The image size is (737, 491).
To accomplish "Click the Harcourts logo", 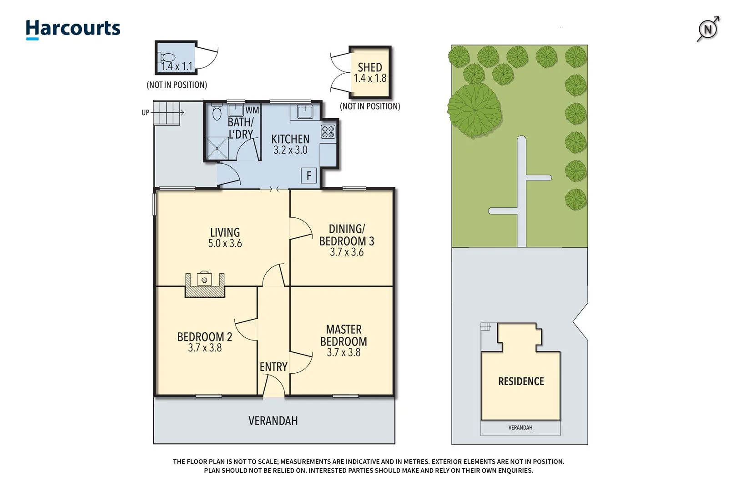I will point(73,29).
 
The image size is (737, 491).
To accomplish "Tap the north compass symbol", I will point(708,30).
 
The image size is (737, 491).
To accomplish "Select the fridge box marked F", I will point(309,175).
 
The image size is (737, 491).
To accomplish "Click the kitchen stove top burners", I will point(328,132).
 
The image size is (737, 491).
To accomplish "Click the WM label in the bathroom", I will point(252,110).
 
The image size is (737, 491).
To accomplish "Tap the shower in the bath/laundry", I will point(217,148).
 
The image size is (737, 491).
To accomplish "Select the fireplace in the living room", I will point(205,284).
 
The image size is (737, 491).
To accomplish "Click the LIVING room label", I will point(225,232).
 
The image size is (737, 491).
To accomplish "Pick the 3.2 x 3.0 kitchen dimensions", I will point(290,150).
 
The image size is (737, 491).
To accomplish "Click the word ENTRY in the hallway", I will point(273,367).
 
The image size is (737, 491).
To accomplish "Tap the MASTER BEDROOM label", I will point(343,336).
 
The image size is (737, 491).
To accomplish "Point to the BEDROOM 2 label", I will point(205,337).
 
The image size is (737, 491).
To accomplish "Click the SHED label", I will point(370,67).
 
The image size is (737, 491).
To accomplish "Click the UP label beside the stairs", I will point(145,112).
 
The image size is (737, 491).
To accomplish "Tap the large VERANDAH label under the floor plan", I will point(273,421).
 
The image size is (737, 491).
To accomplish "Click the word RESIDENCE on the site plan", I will point(521,381).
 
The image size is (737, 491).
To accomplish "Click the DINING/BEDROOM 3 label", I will point(347,235).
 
